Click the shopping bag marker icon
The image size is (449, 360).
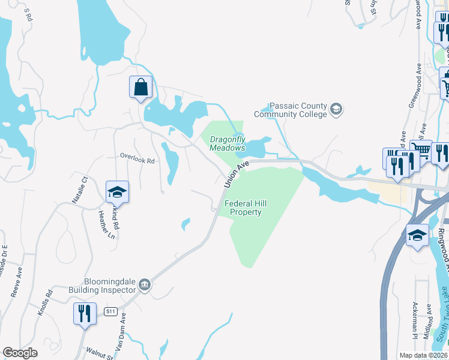tap(140, 88)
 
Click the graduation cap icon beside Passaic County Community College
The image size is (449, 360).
tap(336, 109)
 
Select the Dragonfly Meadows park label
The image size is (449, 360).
tap(228, 143)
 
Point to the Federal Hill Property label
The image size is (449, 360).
tap(246, 208)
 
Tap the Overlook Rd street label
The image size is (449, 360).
tap(137, 161)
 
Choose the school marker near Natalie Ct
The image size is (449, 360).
tap(118, 193)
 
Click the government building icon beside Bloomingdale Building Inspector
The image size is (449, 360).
tap(145, 284)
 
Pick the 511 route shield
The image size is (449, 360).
tap(110, 311)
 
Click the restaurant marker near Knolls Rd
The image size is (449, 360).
tap(85, 314)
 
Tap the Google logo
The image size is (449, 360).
tap(20, 353)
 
